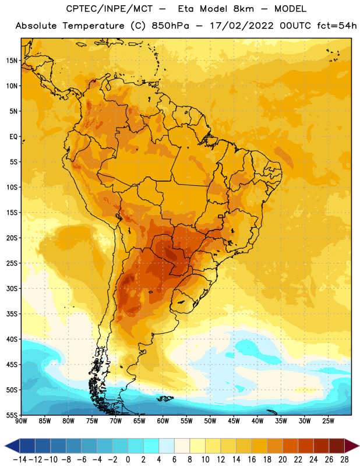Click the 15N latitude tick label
tap(12, 61)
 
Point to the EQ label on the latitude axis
tap(13, 137)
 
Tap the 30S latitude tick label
tap(12, 288)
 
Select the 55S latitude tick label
tap(12, 415)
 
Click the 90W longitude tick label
tap(21, 421)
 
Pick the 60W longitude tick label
tap(163, 421)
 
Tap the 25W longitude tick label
tap(328, 421)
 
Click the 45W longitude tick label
tap(234, 421)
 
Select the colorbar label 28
tap(344, 460)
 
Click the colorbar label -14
tap(20, 460)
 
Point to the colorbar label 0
tap(128, 460)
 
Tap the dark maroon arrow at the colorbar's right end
tap(352, 446)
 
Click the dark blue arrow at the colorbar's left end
tap(12, 446)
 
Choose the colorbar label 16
tap(252, 460)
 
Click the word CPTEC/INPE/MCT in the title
tap(109, 9)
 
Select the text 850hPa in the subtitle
tap(170, 26)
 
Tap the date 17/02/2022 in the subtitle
tap(242, 26)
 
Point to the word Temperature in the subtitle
tap(93, 26)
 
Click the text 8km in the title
tap(243, 9)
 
